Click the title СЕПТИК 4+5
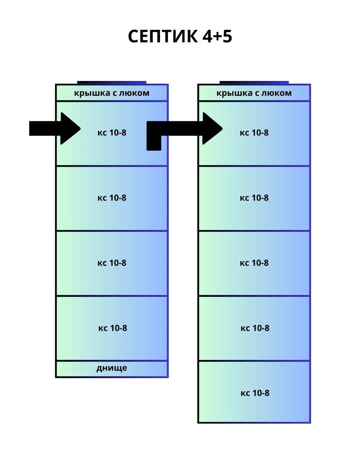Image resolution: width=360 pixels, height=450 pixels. point(180,37)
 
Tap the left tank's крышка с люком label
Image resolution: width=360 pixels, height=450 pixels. point(112,93)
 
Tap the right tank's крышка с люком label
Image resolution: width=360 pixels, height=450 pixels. point(254,93)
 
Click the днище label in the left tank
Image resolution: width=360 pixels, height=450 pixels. point(112,368)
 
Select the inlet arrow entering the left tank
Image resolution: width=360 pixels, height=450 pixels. point(55,128)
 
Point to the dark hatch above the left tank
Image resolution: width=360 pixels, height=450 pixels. point(112,82)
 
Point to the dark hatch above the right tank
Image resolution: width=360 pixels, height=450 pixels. point(254,82)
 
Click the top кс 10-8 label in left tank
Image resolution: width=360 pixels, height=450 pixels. point(112,133)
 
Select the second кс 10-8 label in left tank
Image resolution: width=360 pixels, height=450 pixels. point(112,198)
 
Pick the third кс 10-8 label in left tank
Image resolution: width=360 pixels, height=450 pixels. point(112,263)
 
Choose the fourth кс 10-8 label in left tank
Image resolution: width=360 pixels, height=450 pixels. point(113,328)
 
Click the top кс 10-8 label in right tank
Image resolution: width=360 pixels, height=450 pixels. point(254,133)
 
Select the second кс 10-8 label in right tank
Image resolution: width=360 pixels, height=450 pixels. point(254,198)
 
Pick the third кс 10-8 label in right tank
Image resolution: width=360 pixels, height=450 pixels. point(254,263)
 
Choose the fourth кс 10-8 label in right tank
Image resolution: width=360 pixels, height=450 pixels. point(255,328)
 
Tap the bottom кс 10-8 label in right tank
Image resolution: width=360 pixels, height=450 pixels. point(255,393)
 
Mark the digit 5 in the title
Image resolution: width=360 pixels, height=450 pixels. point(227,37)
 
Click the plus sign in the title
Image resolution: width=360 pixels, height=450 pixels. point(215,37)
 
